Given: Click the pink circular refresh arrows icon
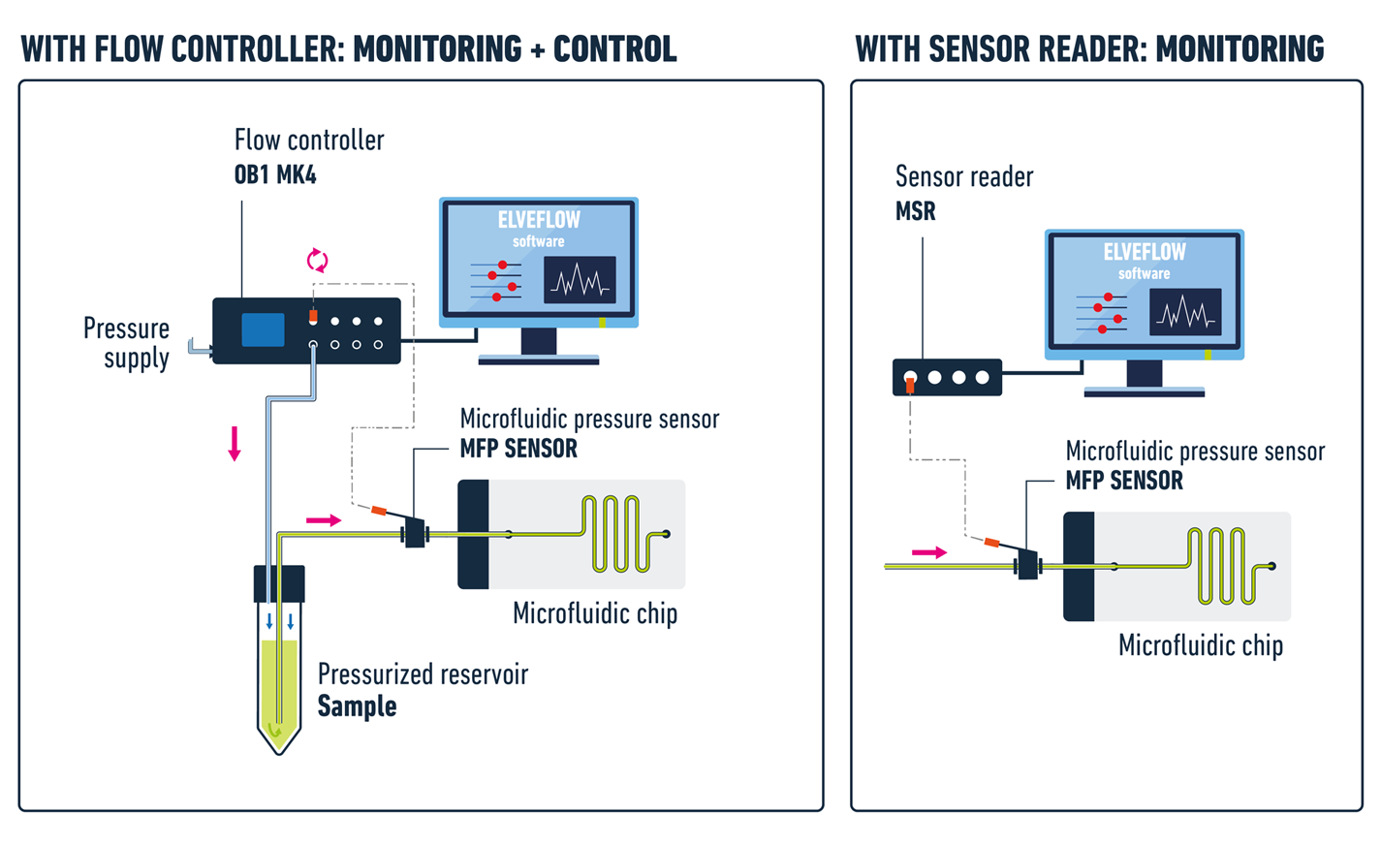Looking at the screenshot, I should tap(317, 260).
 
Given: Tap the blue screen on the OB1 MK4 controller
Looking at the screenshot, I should tap(263, 329).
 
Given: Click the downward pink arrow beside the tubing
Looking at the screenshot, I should tap(235, 443).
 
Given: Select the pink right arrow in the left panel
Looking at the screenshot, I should tap(324, 520).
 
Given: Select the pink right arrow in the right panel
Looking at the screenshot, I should tap(929, 552).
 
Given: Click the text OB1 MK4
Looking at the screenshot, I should tap(275, 175).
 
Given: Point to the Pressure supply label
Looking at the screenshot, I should tap(127, 343).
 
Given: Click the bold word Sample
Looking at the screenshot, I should tap(357, 706).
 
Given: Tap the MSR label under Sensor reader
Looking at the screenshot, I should tap(915, 211).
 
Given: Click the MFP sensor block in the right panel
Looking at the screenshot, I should tap(1027, 565).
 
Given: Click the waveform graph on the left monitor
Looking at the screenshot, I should tap(580, 280).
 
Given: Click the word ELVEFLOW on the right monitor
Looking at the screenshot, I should tap(1145, 252).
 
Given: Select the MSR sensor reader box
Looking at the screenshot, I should tap(947, 377).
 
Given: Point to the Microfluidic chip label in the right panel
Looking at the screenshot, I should tap(1200, 645).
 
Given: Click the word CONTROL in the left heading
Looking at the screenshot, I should tap(614, 48).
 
